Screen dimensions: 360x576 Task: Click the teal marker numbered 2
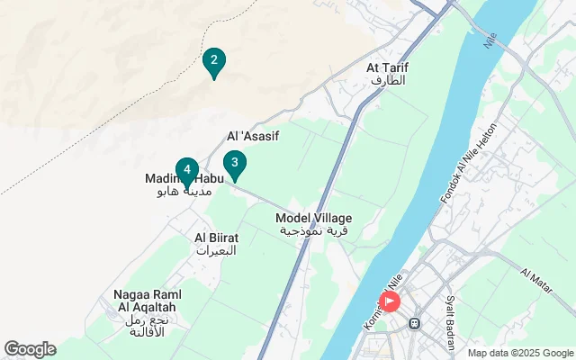(213, 62)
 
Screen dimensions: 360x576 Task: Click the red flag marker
(390, 301)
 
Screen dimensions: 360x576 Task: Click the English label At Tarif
(387, 67)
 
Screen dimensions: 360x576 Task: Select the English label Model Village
(313, 219)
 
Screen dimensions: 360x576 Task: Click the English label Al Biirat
(215, 238)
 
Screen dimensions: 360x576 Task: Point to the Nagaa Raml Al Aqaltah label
(148, 301)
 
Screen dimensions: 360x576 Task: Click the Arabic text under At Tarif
(388, 80)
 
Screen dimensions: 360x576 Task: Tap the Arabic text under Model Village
(314, 231)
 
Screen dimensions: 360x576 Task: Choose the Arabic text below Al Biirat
(216, 250)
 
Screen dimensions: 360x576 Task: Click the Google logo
(30, 349)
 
